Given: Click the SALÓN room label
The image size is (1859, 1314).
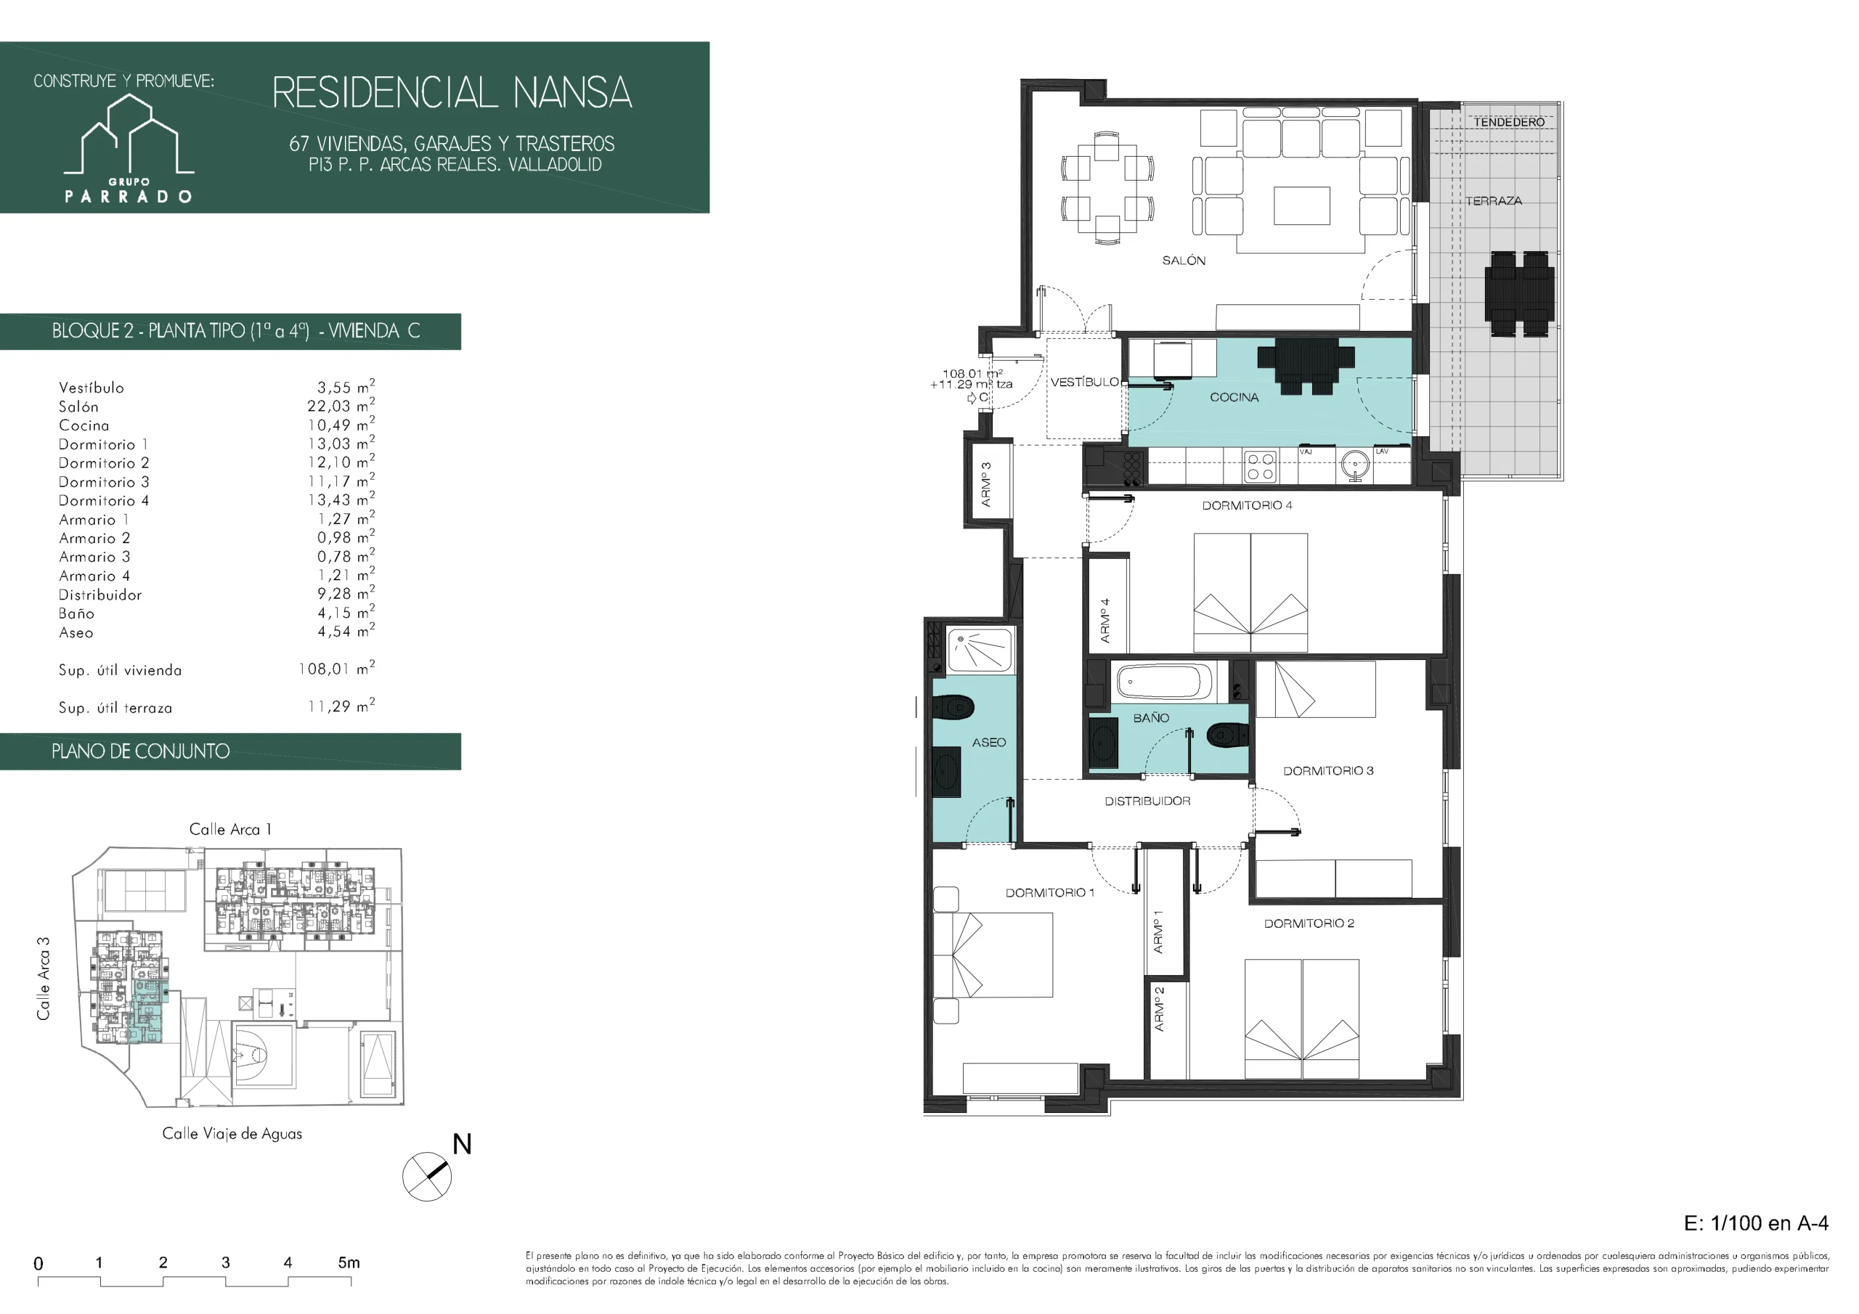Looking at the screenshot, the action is [x=1184, y=261].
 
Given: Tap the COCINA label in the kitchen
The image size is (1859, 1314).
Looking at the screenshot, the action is [x=1234, y=398].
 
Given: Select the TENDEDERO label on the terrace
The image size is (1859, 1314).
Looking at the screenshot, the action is [x=1509, y=122].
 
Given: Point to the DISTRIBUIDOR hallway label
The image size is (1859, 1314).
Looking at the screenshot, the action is [x=1147, y=801].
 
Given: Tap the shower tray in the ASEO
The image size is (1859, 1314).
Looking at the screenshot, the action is [x=980, y=650].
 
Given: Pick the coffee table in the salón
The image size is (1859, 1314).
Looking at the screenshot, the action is [x=1302, y=205].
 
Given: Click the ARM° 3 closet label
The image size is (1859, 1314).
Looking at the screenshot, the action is [x=986, y=485].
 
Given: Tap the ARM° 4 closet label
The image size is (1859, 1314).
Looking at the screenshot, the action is [x=1105, y=621].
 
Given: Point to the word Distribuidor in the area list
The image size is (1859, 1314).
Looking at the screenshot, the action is [x=99, y=595].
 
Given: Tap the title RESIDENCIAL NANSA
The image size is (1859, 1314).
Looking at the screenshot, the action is [x=452, y=92].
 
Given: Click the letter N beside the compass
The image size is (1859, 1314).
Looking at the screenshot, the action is [x=462, y=1144].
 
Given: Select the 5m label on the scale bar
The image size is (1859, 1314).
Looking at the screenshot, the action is [x=349, y=1262].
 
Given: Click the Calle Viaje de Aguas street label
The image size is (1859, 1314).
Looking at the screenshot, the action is [x=232, y=1133].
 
